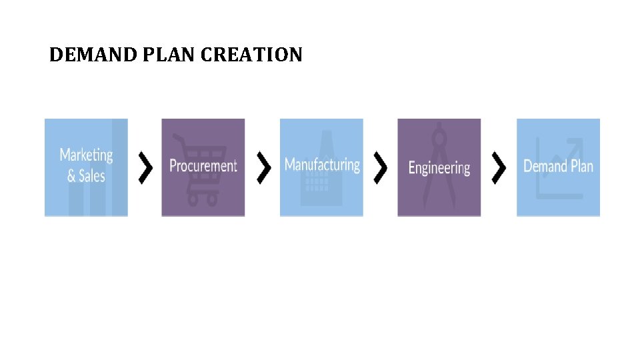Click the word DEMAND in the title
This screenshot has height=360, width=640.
93,55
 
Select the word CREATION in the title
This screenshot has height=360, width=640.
252,55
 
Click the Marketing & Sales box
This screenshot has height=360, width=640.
86,193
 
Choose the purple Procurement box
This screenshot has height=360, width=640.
203,193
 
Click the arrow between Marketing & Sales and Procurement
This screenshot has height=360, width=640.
145,167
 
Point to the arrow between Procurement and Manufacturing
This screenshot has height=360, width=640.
264,167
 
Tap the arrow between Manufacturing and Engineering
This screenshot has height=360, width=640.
381,167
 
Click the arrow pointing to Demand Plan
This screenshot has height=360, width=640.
499,167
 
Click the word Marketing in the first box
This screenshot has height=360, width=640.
86,155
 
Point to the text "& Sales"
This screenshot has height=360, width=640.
86,176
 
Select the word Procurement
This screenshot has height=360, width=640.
203,165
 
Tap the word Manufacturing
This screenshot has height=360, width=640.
322,164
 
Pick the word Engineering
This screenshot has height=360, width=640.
439,167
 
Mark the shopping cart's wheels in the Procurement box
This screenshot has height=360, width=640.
203,199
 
